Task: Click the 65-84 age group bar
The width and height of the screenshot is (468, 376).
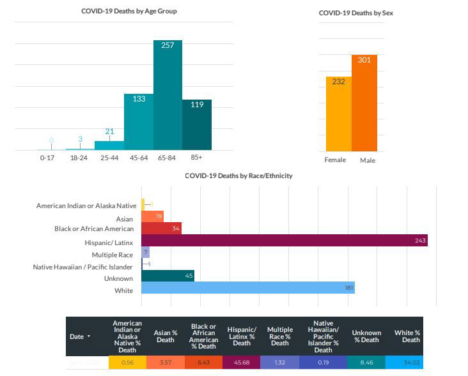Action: coord(168,96)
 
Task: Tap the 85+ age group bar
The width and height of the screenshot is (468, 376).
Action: coord(197,125)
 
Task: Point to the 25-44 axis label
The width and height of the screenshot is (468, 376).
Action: coord(109,157)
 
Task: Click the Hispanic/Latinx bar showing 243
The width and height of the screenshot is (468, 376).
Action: coord(284,240)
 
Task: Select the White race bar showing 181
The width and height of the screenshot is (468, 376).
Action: coord(247,288)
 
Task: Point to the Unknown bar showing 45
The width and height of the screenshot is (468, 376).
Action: coord(168,276)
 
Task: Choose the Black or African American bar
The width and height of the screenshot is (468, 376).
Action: coord(161,228)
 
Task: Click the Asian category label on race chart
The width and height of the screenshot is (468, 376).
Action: coord(125,219)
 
